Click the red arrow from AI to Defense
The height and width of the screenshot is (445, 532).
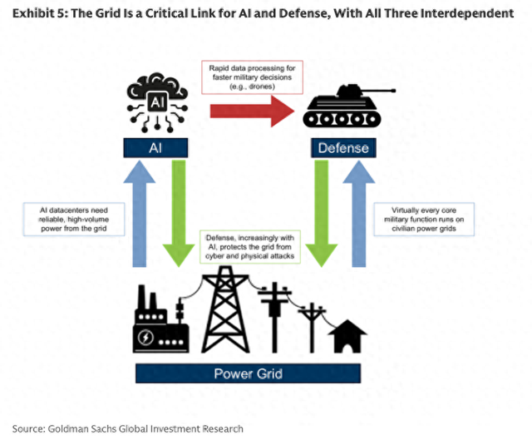(x=252, y=111)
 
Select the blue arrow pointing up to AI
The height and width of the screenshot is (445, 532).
(x=140, y=214)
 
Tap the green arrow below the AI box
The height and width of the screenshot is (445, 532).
(x=179, y=214)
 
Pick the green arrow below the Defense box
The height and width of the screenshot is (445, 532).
(x=322, y=214)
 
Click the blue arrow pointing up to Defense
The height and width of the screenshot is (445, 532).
(x=359, y=214)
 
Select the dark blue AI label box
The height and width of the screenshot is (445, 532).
(x=155, y=148)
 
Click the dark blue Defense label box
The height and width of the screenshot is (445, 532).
(x=343, y=148)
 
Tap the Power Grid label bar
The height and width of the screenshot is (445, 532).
(x=248, y=373)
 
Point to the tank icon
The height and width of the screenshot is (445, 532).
(x=346, y=107)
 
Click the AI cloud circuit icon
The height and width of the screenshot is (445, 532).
(x=157, y=101)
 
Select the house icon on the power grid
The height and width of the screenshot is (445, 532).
(x=347, y=336)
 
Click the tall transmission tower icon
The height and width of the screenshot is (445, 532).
(x=225, y=309)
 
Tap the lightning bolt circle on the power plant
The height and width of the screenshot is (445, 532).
(x=145, y=338)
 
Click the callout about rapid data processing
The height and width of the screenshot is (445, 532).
(x=252, y=77)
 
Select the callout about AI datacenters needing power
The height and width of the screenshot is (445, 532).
(x=74, y=220)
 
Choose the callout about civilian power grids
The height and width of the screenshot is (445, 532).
(x=424, y=220)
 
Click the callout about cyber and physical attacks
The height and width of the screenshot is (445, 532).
(x=250, y=247)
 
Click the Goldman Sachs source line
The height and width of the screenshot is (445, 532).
(x=128, y=428)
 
